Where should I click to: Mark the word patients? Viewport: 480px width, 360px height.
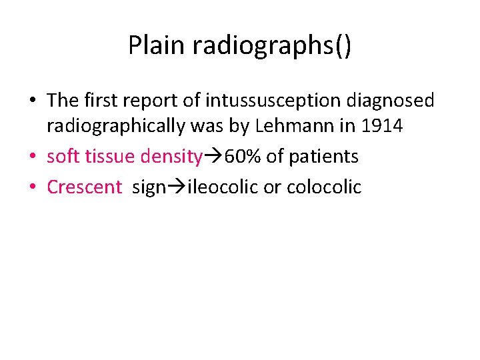click(324, 157)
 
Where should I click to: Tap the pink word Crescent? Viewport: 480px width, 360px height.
click(85, 187)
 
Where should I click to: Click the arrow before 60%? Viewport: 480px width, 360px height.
click(213, 157)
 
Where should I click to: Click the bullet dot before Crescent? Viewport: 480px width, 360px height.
click(33, 187)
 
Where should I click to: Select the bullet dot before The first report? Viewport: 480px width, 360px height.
click(33, 101)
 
